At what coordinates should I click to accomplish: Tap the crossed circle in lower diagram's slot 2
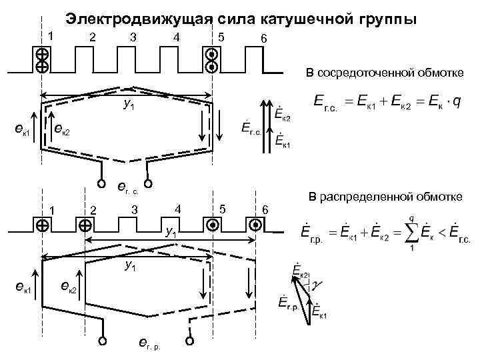point(85,225)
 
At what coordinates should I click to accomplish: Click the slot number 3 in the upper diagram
point(133,37)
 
